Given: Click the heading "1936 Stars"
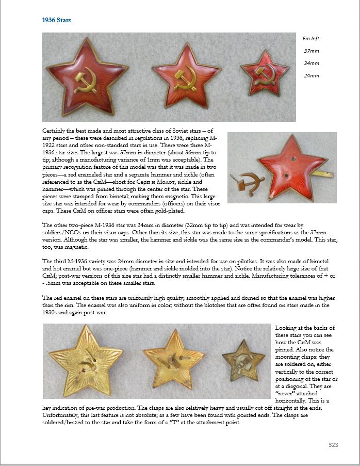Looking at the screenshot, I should tap(57, 20).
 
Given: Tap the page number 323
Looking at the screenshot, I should tap(333, 444).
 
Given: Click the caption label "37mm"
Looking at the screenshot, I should tap(311, 51).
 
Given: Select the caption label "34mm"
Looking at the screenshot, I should tap(311, 63).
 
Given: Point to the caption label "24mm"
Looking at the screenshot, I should tap(311, 76).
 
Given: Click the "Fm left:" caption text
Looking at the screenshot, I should tap(312, 38).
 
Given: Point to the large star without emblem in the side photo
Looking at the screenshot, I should tap(291, 166).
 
